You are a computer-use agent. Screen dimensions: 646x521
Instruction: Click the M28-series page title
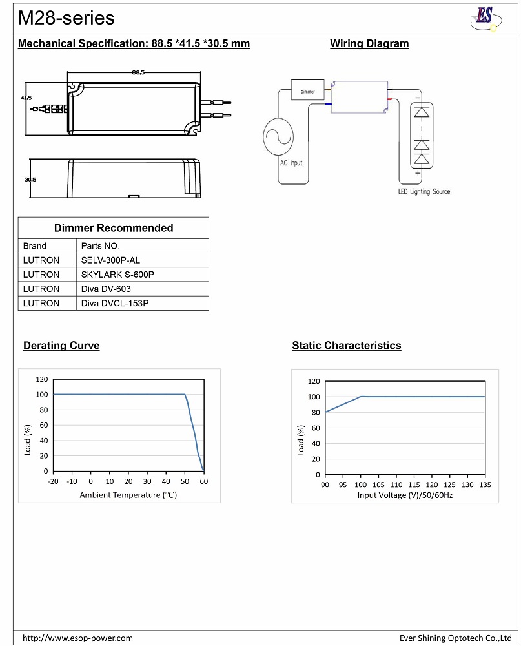(x=66, y=18)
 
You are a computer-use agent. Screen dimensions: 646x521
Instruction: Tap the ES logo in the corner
(x=485, y=18)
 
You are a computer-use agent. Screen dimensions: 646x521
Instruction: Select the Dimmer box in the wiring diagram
(x=308, y=91)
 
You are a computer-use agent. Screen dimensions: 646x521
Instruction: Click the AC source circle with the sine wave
(x=278, y=136)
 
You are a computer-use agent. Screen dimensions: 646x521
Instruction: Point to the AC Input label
(x=291, y=163)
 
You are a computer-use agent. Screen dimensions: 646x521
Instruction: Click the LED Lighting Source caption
(x=424, y=192)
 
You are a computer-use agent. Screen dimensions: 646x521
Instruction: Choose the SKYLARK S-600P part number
(x=117, y=275)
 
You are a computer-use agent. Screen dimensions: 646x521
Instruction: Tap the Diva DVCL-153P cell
(x=115, y=303)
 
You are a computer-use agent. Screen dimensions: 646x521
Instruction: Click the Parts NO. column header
(x=100, y=246)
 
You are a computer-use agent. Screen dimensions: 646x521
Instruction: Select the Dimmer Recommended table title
(x=114, y=228)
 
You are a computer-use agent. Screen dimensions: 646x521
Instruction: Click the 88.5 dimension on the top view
(x=138, y=72)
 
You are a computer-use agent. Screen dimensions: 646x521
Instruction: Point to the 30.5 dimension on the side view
(x=30, y=180)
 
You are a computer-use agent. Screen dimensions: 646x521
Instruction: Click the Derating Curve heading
(x=61, y=346)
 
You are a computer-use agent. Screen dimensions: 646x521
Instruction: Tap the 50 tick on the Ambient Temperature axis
(x=185, y=481)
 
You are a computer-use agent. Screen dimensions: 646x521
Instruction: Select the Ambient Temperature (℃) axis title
(x=128, y=495)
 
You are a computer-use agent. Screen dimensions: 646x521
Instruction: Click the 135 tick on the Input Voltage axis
(x=484, y=484)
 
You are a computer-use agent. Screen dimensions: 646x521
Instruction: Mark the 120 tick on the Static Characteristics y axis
(x=314, y=382)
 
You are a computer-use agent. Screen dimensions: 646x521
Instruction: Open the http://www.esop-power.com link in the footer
(x=78, y=638)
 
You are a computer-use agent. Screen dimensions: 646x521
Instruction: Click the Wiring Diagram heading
(x=369, y=44)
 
